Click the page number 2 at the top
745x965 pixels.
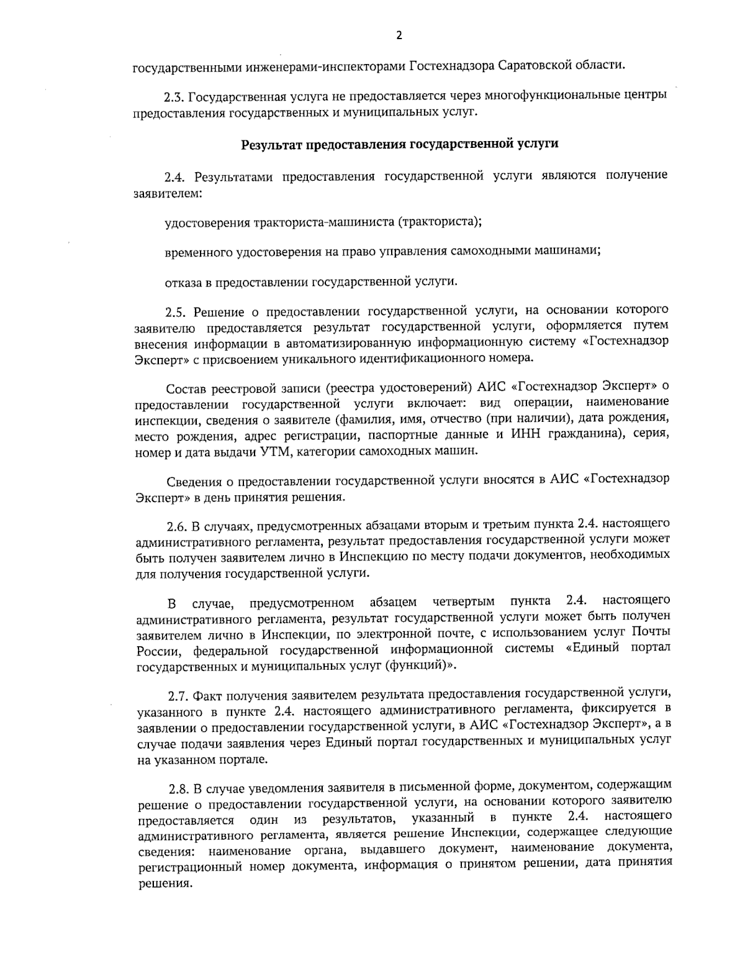coord(399,35)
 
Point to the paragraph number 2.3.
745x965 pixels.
coord(173,98)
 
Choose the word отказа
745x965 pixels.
coord(181,282)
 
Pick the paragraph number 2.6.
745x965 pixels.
coord(176,526)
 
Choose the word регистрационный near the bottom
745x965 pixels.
coord(191,866)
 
